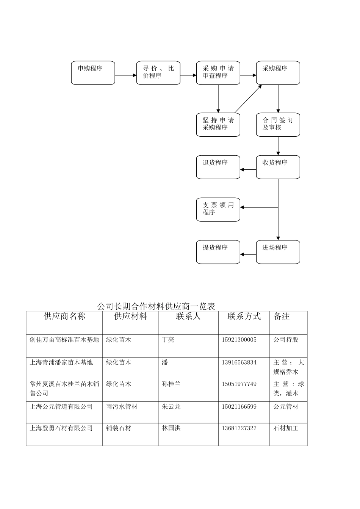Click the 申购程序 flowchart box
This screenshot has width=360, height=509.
point(93,73)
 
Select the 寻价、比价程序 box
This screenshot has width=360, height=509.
point(158,73)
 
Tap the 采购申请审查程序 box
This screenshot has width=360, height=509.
point(218,73)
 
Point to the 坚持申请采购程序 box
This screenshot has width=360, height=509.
point(218,125)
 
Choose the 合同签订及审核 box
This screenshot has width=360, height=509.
point(278,125)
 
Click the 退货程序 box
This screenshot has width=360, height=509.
point(218,167)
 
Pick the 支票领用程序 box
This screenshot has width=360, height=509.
point(218,209)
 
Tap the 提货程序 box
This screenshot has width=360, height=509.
point(218,252)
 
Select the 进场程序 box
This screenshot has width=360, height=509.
point(278,252)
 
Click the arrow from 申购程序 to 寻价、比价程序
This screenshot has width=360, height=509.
point(125,75)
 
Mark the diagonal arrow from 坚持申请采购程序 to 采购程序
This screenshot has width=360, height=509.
point(248,99)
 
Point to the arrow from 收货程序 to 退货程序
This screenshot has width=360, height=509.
point(248,170)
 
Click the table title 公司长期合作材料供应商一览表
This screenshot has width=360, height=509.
point(156,306)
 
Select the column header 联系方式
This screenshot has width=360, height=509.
point(244,316)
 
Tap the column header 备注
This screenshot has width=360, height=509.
point(282,316)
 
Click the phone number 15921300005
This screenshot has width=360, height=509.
point(239,340)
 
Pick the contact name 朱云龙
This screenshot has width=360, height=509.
point(171,407)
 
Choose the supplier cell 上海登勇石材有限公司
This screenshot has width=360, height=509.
point(61,428)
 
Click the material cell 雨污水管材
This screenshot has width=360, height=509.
point(122,407)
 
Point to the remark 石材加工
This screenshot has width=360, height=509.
point(286,428)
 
